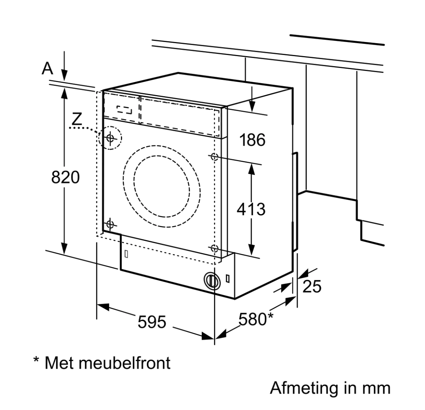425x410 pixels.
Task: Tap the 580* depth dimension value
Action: (256, 319)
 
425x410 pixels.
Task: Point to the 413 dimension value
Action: (251, 209)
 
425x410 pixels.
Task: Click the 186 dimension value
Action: (252, 140)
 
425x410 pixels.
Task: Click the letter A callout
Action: (47, 68)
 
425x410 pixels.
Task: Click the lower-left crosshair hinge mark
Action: (110, 223)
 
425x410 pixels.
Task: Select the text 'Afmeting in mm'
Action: (330, 388)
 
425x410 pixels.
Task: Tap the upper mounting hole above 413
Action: (214, 156)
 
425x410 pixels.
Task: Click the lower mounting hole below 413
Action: (214, 248)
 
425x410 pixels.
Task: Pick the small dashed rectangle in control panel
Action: (124, 110)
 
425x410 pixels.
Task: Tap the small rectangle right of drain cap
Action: (227, 278)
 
